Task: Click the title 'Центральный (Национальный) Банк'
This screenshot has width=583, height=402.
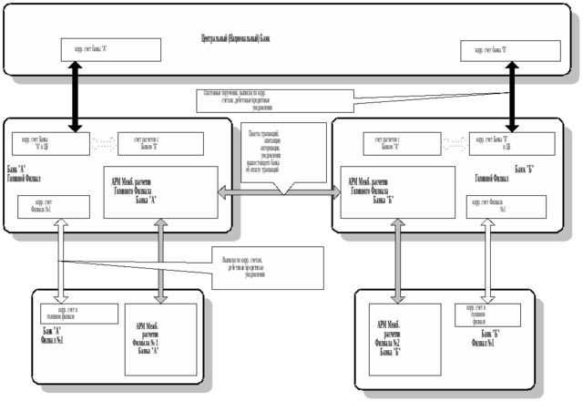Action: [236, 37]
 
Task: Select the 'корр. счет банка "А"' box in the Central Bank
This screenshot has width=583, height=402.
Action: [113, 50]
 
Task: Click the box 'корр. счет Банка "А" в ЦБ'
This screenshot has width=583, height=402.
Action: [50, 142]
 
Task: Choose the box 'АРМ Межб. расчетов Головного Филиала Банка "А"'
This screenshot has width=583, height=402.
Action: [163, 192]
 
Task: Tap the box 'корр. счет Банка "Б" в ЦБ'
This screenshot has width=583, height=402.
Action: [513, 142]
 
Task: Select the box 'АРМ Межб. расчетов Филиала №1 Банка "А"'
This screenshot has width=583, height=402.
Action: [161, 338]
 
